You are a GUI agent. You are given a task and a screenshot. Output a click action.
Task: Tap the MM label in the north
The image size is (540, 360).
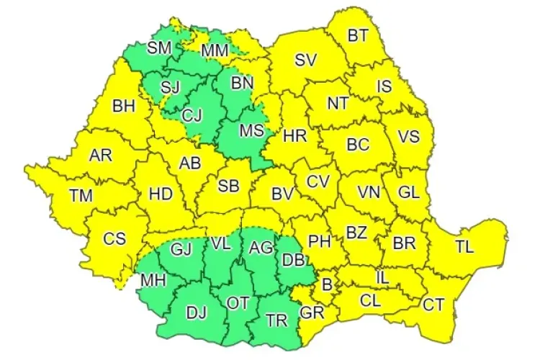pos(215,51)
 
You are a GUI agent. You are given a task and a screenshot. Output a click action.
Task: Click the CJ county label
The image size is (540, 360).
pos(192,114)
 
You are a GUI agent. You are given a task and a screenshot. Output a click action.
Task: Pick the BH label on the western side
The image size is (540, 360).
pos(124,107)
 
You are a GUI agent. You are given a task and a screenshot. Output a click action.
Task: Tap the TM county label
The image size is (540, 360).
pos(81,194)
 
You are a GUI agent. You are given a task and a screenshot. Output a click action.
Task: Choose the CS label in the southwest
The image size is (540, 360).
pos(114,239)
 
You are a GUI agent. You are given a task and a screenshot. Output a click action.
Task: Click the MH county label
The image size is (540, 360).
pos(151,279)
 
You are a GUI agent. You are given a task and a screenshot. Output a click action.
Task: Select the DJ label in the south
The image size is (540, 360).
pos(196,312)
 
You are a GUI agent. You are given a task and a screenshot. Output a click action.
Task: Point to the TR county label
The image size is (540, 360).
pos(274,320)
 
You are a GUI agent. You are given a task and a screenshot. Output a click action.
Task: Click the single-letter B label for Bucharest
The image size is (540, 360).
pos(327,285)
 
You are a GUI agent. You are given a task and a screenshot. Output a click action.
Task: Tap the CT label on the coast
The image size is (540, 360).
pos(433,305)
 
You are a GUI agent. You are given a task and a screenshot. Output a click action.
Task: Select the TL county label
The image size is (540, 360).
pos(464,247)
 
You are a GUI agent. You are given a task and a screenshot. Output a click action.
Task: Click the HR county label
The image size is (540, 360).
pos(295,135)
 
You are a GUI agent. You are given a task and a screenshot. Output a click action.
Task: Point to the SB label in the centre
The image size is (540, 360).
pos(228,186)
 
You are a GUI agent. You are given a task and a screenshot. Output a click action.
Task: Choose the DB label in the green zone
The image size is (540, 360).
pos(293,260)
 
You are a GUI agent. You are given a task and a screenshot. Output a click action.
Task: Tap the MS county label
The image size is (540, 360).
pos(251,131)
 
